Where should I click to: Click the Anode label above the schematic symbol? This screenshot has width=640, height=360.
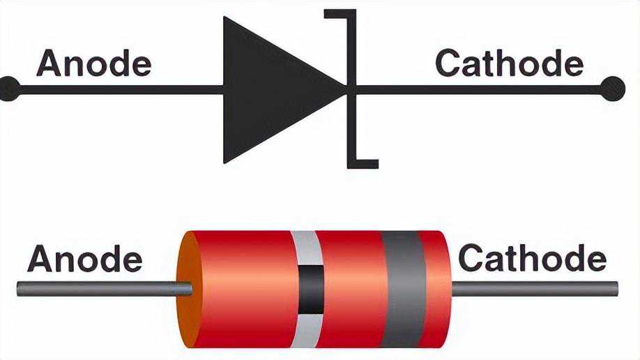(x=93, y=63)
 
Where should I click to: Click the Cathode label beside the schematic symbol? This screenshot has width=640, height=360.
(x=509, y=63)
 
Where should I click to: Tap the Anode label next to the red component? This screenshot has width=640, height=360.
(x=84, y=260)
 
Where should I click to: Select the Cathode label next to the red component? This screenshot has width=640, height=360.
(x=532, y=260)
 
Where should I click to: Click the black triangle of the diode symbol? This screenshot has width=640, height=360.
(x=272, y=89)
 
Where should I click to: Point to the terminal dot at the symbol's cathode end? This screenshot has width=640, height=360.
(x=612, y=89)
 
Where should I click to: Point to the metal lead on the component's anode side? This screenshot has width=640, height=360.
(x=98, y=287)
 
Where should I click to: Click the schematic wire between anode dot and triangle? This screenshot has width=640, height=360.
(x=119, y=89)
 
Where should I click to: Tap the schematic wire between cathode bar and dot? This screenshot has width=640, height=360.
(x=481, y=89)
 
